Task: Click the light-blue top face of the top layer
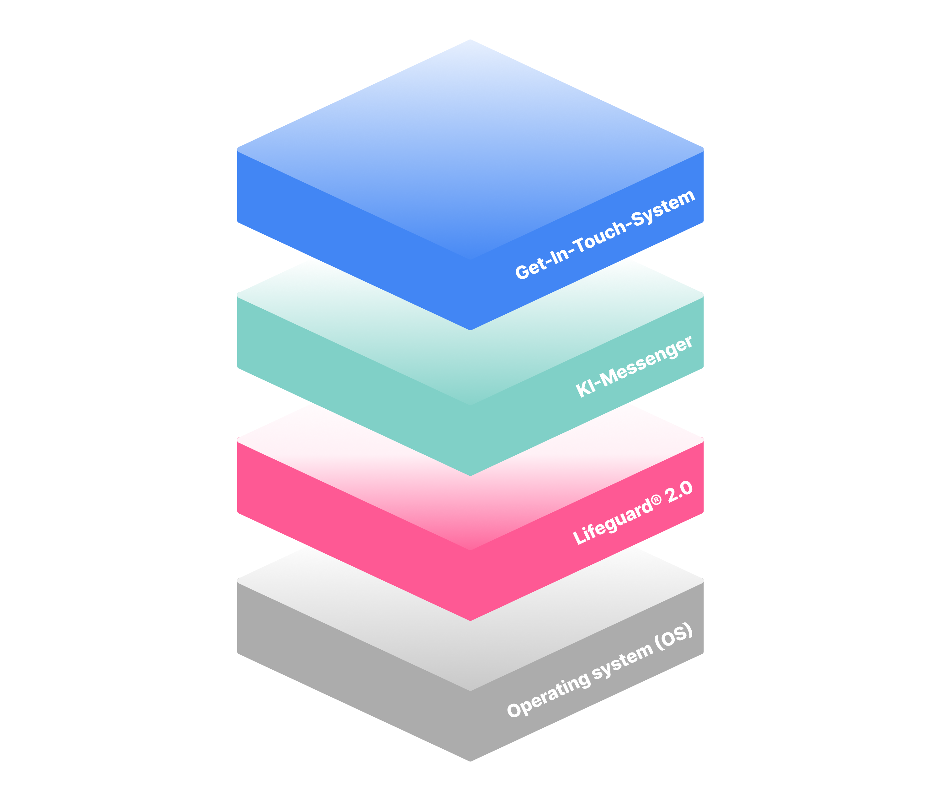pos(470,150)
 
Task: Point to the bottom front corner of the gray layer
pos(470,761)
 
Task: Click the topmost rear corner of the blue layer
pos(470,39)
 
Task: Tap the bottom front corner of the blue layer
pos(470,330)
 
